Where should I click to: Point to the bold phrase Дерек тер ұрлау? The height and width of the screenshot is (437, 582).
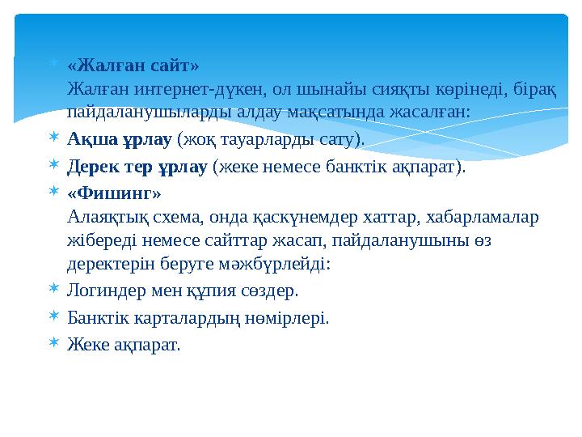point(138,168)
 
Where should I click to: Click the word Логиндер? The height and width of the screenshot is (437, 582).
point(102,291)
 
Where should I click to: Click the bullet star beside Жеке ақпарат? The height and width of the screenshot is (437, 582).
point(52,344)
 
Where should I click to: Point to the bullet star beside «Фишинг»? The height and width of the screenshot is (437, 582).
point(52,193)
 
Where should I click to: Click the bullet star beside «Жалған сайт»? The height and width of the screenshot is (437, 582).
point(52,63)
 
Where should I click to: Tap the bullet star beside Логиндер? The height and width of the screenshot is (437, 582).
point(52,290)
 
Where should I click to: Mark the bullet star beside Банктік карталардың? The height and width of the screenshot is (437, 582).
point(52,317)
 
